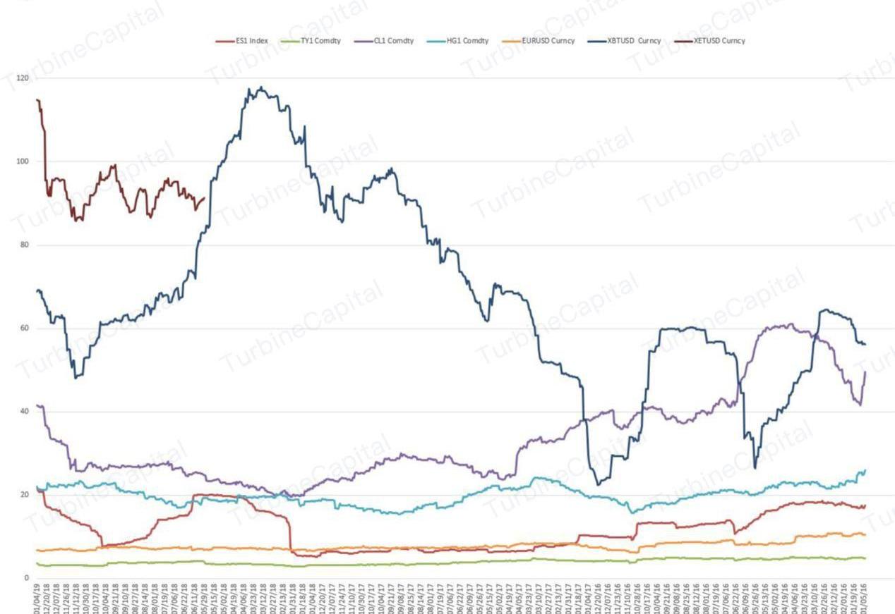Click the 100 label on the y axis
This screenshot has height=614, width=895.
[x=23, y=161]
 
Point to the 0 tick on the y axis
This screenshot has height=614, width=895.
[x=27, y=578]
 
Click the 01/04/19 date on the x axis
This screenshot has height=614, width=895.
[x=37, y=596]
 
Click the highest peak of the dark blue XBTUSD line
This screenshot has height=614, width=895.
[x=261, y=87]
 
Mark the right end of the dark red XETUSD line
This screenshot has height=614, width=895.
[x=205, y=198]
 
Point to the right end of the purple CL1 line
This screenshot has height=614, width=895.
[x=865, y=372]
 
